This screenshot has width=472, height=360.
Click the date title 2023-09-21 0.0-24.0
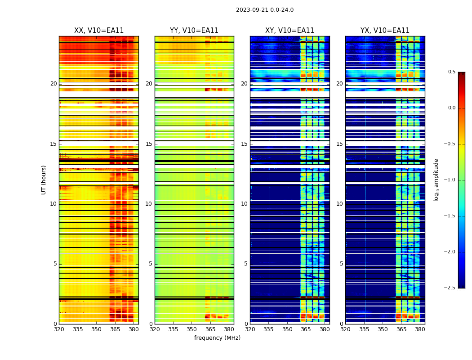(x=265, y=10)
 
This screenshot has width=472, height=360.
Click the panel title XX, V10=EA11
(x=99, y=31)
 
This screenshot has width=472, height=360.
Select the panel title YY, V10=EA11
(x=194, y=31)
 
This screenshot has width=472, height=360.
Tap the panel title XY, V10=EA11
(x=289, y=31)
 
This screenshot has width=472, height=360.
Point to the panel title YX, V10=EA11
(x=385, y=31)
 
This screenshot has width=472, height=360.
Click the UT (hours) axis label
(x=44, y=180)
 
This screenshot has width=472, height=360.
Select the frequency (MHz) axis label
(x=217, y=338)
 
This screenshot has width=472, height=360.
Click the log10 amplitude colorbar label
(x=436, y=180)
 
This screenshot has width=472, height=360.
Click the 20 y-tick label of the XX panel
(x=53, y=84)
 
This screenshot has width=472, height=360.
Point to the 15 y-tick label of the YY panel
(x=149, y=144)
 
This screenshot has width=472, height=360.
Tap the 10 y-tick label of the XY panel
(x=244, y=204)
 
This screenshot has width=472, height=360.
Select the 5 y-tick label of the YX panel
(x=341, y=264)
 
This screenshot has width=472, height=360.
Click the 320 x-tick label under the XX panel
(x=59, y=329)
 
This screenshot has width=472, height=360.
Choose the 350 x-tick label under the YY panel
(x=192, y=329)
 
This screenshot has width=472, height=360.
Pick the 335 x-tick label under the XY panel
(x=269, y=329)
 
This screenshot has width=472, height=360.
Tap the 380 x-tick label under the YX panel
(x=420, y=329)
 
